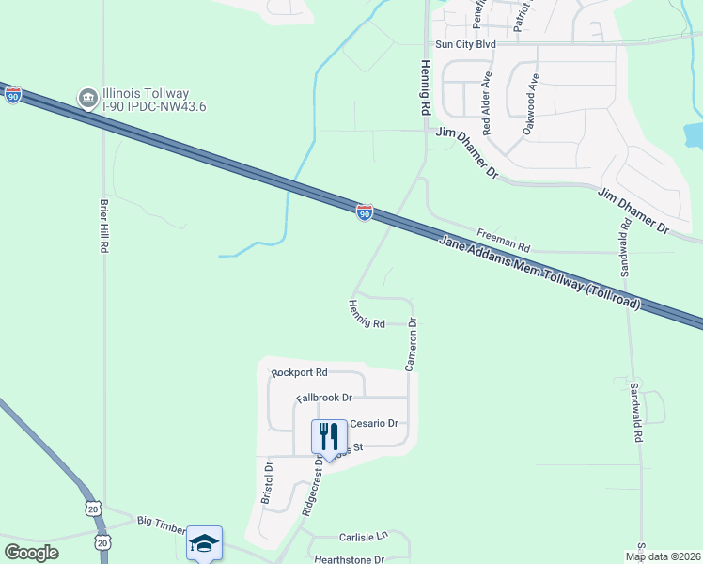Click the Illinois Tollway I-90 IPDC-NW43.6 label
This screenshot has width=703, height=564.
click(155, 100)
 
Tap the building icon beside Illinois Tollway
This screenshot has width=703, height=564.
click(87, 98)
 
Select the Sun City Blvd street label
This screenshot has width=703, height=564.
click(465, 44)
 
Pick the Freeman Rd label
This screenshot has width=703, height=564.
click(503, 240)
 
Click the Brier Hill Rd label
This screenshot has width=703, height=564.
click(104, 226)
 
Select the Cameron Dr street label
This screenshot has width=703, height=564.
click(411, 343)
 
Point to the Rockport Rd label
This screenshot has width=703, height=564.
click(299, 372)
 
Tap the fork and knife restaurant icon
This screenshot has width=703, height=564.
click(329, 436)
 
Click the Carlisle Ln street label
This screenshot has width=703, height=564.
click(362, 536)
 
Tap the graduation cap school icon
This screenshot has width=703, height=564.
click(204, 542)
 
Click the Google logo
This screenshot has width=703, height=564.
click(31, 553)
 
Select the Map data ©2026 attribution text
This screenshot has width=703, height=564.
click(661, 556)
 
